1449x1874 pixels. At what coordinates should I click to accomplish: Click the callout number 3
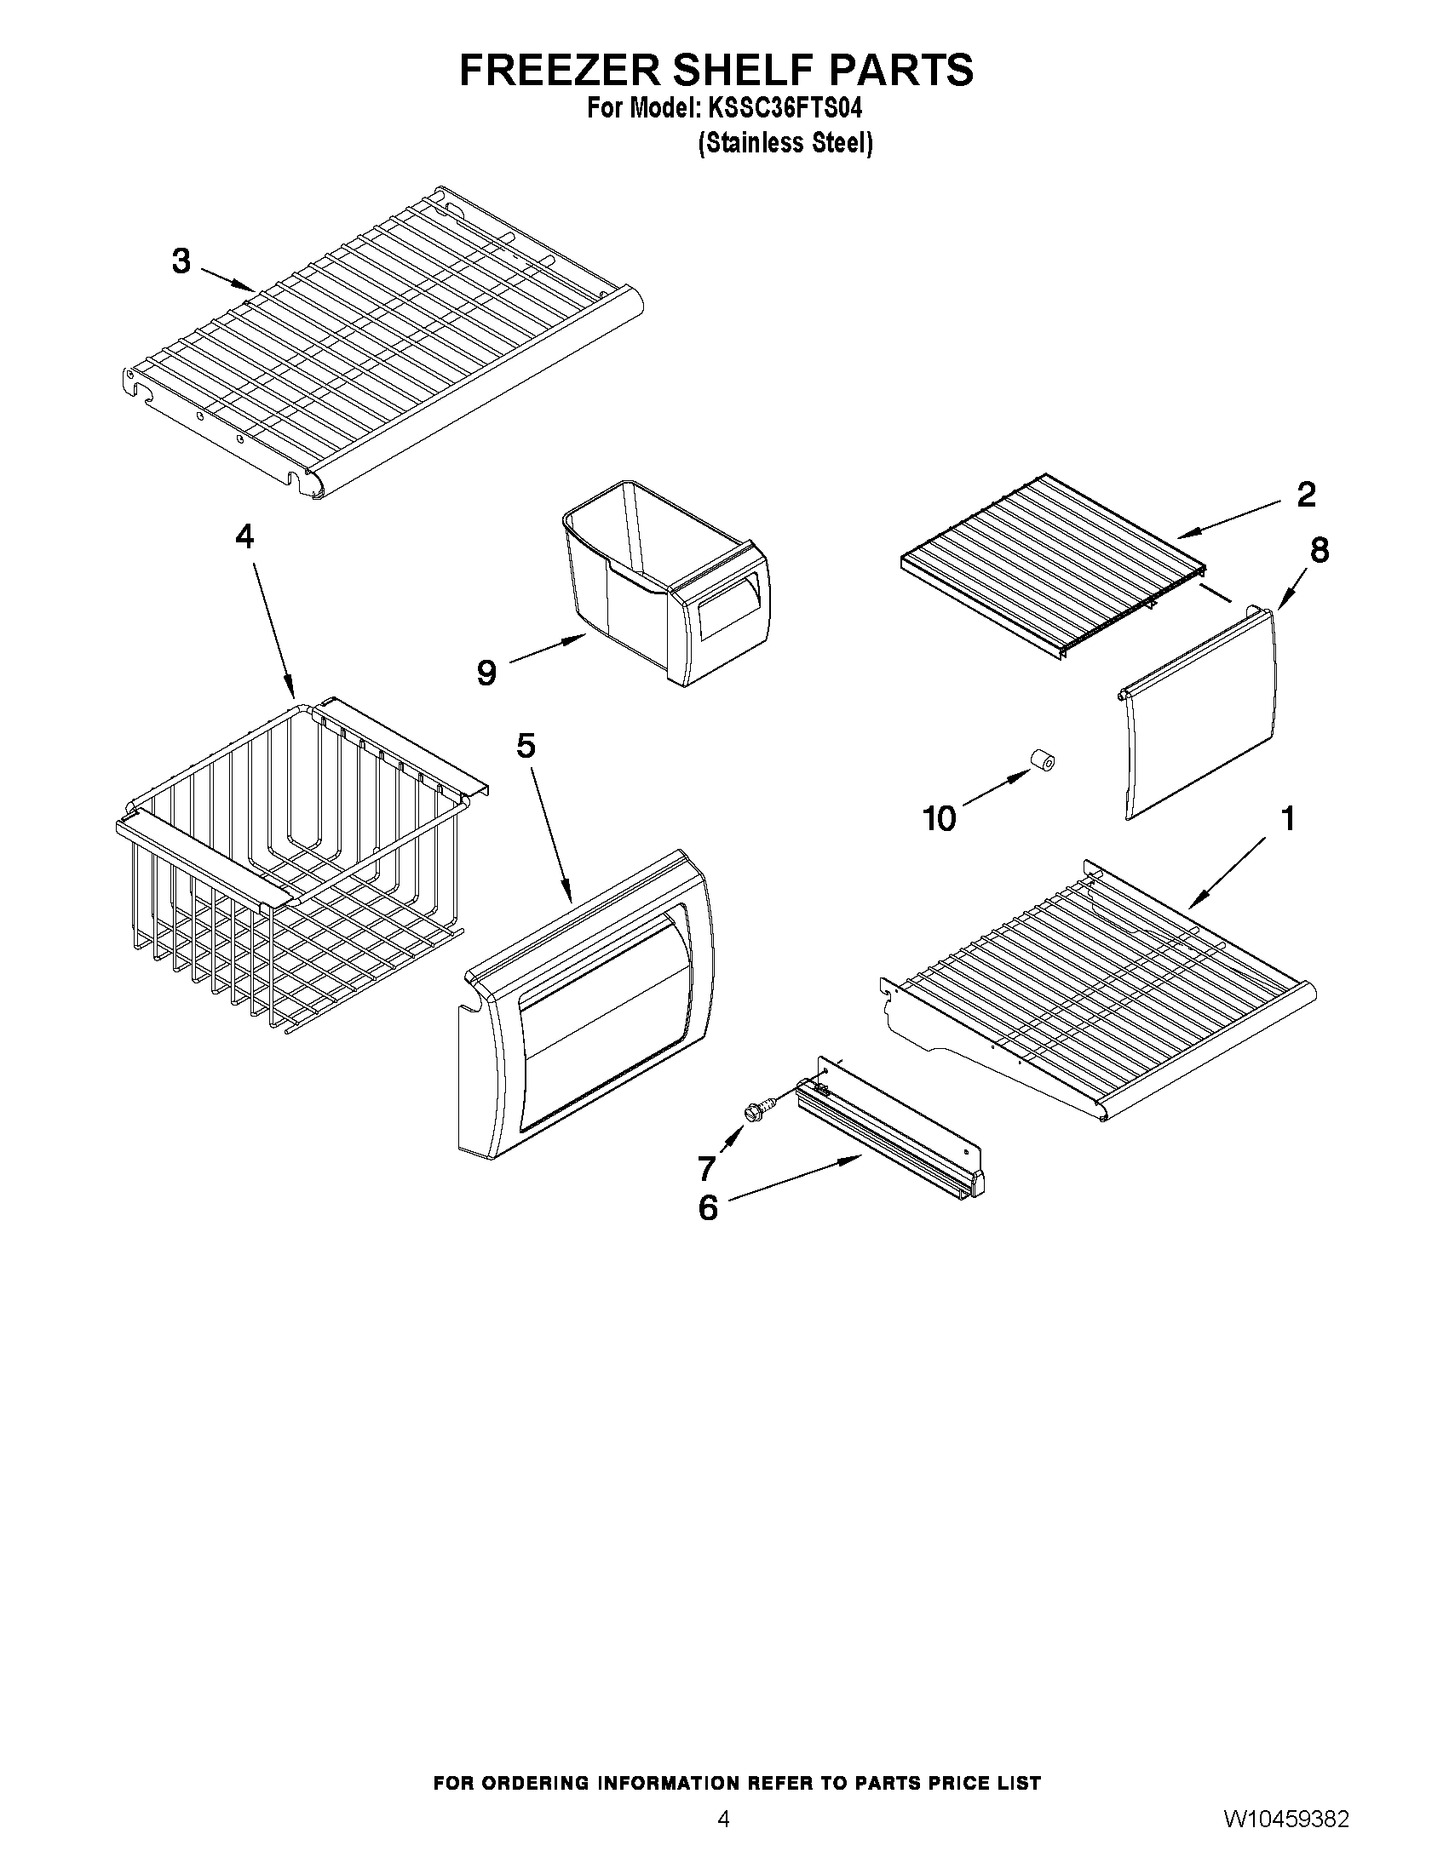click(x=181, y=261)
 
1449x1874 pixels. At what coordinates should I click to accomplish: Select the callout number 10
click(x=939, y=818)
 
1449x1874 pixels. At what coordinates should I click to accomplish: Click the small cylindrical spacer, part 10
click(x=1041, y=760)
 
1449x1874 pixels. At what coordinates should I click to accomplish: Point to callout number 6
click(x=707, y=1208)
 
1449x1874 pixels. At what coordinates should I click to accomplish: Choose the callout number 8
click(x=1319, y=550)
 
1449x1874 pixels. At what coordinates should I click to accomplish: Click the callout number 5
click(x=526, y=746)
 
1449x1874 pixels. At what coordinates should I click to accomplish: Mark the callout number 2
click(x=1305, y=494)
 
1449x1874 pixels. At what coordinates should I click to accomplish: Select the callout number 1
click(x=1288, y=818)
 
